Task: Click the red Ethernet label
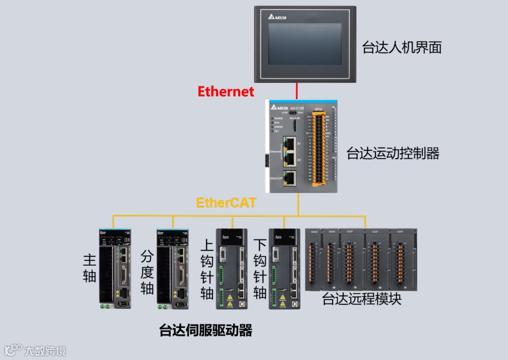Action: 226,91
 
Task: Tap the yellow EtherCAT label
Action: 226,203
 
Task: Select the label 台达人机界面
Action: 402,47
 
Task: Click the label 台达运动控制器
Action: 393,153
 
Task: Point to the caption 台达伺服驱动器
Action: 206,330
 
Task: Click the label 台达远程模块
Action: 362,299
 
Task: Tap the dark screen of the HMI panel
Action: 304,44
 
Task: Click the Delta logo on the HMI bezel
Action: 277,17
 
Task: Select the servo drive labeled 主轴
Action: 115,268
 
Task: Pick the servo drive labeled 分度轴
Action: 172,268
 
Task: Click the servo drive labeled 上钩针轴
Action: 231,268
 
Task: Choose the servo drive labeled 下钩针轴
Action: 284,268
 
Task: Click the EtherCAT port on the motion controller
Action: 290,178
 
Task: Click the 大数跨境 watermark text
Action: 45,351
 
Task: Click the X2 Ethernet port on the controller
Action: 290,160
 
